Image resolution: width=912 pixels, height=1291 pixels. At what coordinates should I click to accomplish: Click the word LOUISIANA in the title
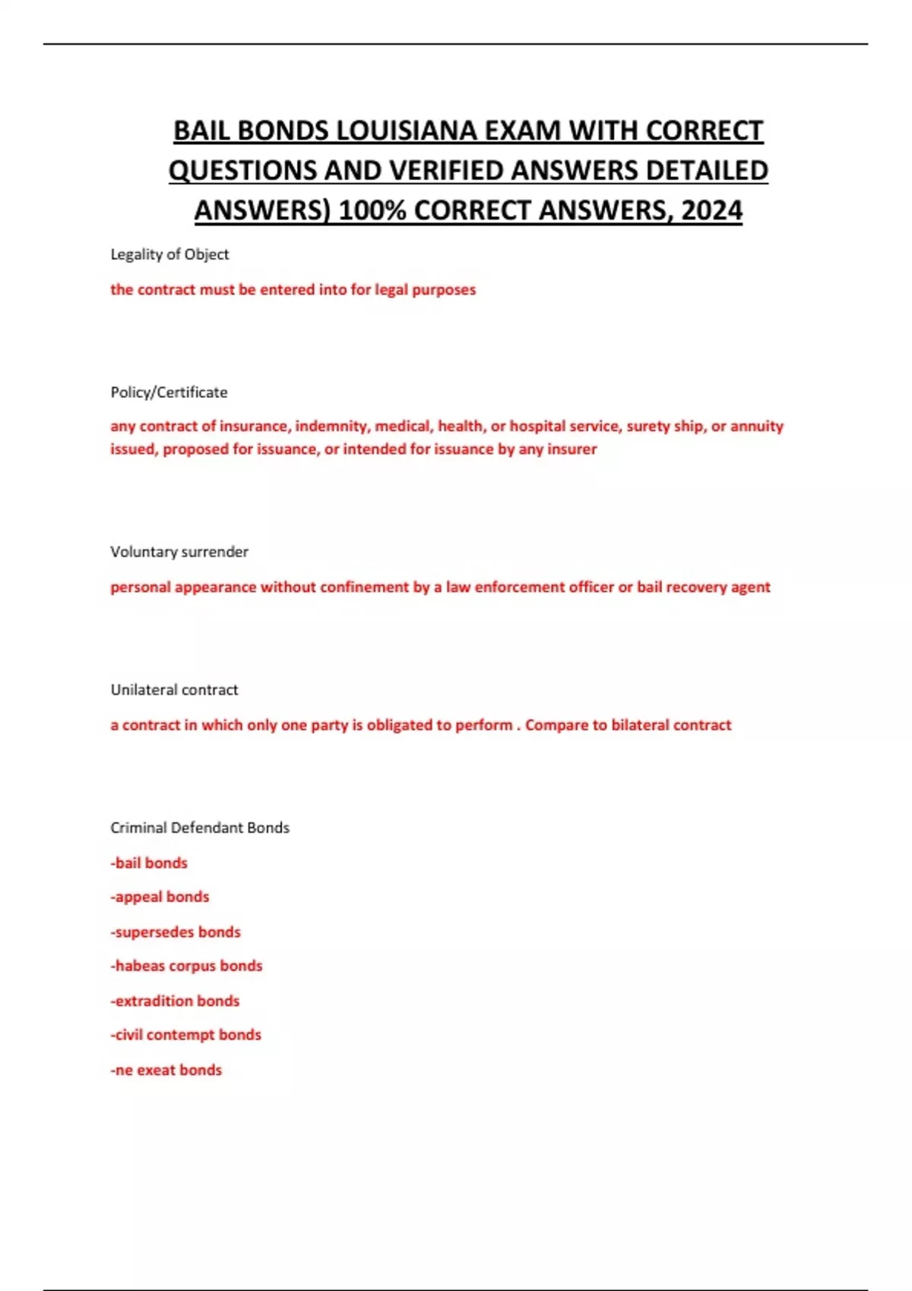pyautogui.click(x=406, y=131)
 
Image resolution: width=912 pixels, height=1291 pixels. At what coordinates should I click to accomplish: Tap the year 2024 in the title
pyautogui.click(x=711, y=210)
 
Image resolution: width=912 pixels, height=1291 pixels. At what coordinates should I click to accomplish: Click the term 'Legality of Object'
pyautogui.click(x=169, y=254)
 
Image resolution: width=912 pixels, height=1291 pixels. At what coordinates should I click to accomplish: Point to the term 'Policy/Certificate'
pyautogui.click(x=169, y=393)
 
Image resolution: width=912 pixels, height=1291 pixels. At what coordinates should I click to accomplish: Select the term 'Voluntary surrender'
pyautogui.click(x=179, y=552)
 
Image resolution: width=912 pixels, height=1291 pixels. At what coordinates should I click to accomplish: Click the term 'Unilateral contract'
pyautogui.click(x=174, y=690)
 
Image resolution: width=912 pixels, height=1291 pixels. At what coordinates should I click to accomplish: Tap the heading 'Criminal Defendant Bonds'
pyautogui.click(x=200, y=828)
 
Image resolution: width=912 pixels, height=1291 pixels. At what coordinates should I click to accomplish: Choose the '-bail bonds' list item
pyautogui.click(x=149, y=863)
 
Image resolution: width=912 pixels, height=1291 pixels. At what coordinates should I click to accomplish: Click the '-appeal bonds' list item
pyautogui.click(x=160, y=897)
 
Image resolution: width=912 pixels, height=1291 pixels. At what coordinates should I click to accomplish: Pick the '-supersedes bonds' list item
pyautogui.click(x=176, y=932)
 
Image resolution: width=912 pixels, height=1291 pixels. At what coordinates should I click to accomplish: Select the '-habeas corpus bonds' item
pyautogui.click(x=186, y=966)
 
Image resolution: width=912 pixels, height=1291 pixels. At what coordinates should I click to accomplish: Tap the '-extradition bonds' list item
pyautogui.click(x=175, y=1001)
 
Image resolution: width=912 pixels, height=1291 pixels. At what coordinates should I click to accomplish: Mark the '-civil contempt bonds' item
pyautogui.click(x=185, y=1035)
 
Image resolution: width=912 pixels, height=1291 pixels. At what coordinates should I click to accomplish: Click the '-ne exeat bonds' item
pyautogui.click(x=166, y=1070)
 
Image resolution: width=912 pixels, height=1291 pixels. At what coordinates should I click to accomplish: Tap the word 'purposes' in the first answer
pyautogui.click(x=444, y=289)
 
